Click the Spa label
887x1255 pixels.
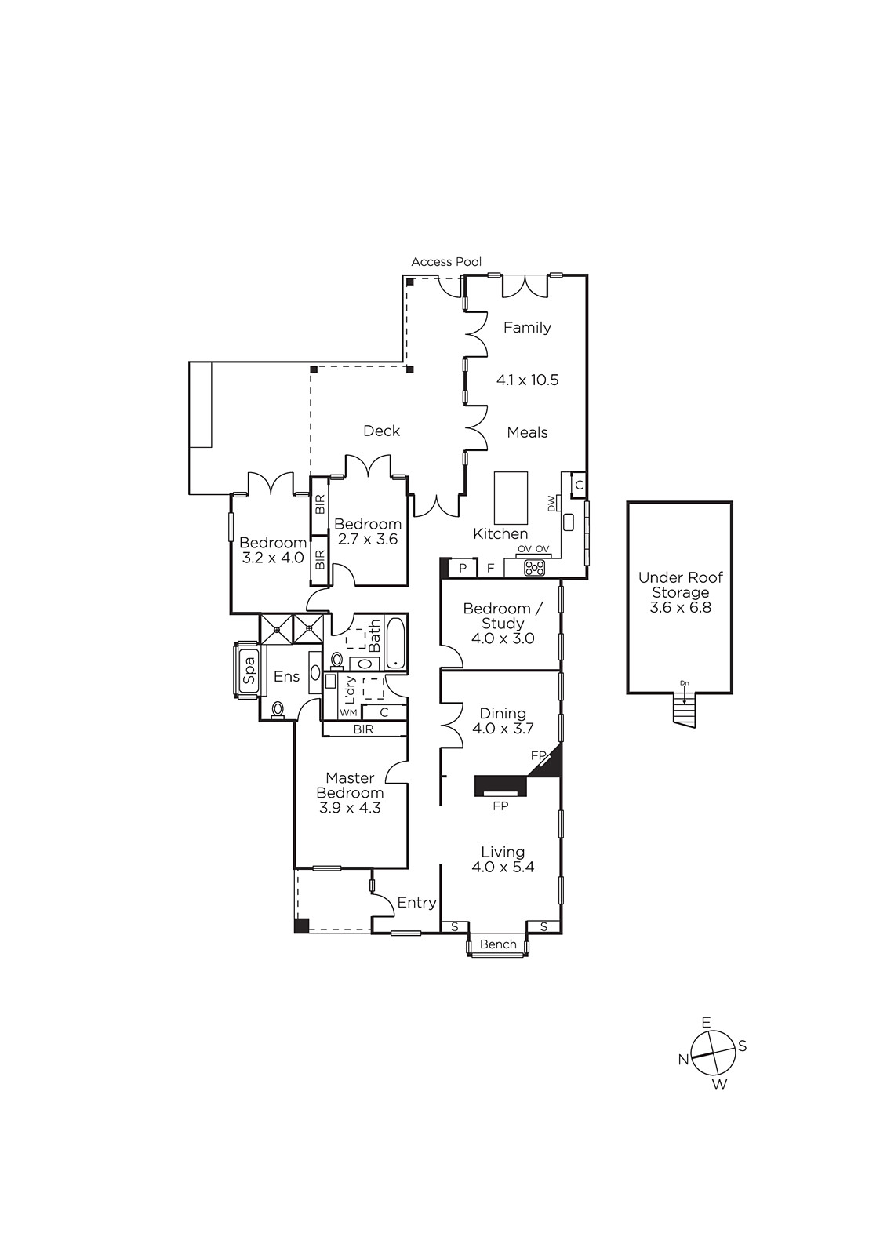pos(249,671)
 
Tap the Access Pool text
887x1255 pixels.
pos(446,262)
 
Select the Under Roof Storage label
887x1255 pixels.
pos(680,585)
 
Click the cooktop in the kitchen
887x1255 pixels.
pos(534,568)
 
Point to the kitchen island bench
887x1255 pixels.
pos(511,498)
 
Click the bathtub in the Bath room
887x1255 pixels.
pos(395,643)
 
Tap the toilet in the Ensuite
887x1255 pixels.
pos(278,709)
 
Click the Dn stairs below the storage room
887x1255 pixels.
pos(684,709)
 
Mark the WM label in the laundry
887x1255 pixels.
pos(348,713)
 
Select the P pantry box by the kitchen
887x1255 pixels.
pos(463,568)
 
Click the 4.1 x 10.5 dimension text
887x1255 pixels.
pos(527,380)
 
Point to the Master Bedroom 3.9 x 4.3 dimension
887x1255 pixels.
pos(351,808)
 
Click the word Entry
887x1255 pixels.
pos(416,903)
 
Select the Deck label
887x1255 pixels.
pos(382,431)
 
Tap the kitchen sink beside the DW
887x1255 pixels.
pos(569,522)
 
